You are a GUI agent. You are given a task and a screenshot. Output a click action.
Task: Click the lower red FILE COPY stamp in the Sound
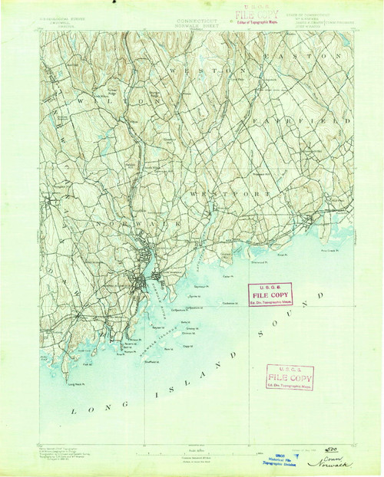pos(290,377)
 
